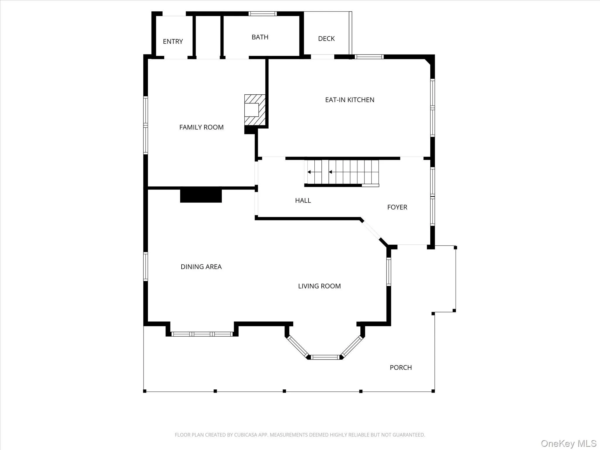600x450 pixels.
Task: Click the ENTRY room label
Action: (173, 42)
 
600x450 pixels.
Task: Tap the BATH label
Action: (260, 37)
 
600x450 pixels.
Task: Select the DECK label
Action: (326, 39)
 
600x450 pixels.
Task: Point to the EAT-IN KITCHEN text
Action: (350, 100)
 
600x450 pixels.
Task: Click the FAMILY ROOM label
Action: (201, 127)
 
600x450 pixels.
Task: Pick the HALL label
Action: (303, 201)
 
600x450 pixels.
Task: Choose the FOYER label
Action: (397, 207)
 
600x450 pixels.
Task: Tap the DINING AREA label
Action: (201, 267)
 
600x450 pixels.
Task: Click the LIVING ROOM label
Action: (319, 286)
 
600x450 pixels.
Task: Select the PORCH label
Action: (400, 367)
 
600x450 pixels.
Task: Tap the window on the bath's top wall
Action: (262, 13)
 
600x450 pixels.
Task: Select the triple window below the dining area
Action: (202, 334)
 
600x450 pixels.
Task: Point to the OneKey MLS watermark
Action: (568, 443)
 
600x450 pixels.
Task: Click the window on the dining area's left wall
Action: (145, 267)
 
